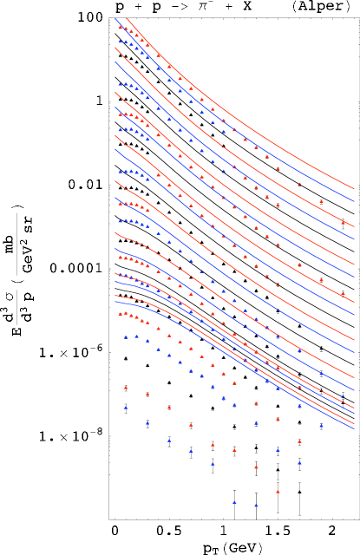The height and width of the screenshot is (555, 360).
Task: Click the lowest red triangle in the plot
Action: tap(278, 492)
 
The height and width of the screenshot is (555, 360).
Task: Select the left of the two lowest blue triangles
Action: tap(234, 502)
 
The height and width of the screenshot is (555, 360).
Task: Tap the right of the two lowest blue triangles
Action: tap(256, 505)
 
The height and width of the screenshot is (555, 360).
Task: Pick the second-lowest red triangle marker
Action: tap(256, 467)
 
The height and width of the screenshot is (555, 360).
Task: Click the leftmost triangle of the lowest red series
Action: tap(126, 388)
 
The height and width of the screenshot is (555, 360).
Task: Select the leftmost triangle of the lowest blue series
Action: tap(126, 407)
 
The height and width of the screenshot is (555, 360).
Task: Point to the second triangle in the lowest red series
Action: tap(147, 395)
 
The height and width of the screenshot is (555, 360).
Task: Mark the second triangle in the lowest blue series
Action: tap(147, 423)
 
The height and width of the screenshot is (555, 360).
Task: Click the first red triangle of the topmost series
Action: tap(121, 27)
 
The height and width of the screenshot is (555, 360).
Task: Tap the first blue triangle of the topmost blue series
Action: tap(121, 41)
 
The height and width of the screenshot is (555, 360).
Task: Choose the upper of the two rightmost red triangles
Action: tap(343, 223)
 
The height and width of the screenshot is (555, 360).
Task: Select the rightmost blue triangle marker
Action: tap(343, 396)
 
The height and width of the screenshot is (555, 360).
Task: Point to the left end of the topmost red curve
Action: tap(128, 18)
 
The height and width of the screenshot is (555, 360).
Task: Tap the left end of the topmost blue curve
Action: tap(115, 19)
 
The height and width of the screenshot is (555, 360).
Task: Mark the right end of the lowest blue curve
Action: tap(354, 428)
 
